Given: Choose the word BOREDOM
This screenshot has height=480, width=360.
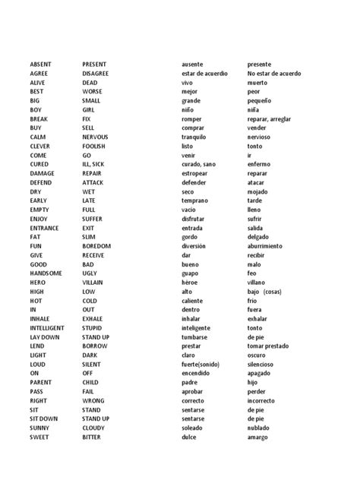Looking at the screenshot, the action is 96,246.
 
